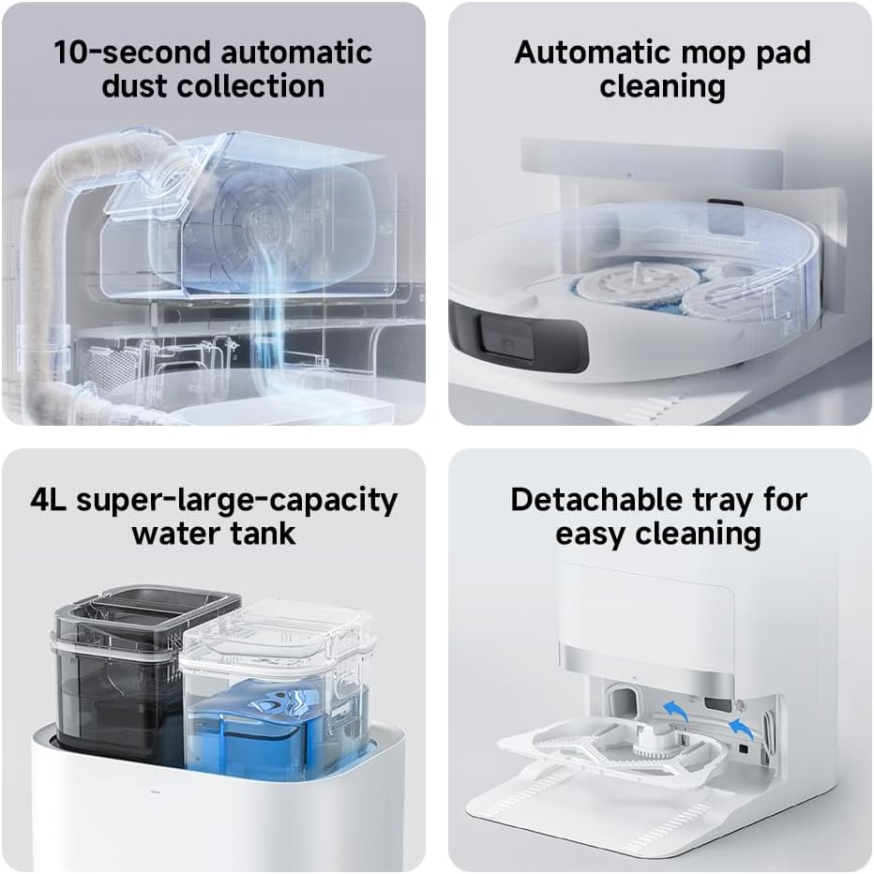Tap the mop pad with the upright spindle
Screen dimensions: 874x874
pos(636,283)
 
